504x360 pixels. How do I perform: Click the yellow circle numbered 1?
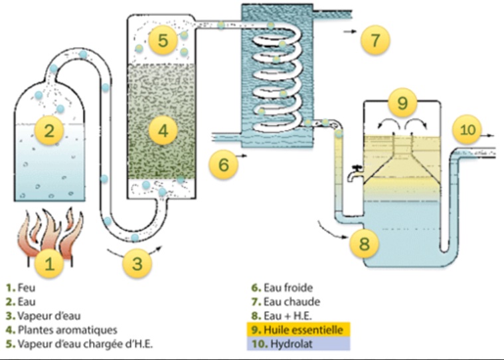coord(48,264)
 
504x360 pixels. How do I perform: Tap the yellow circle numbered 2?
coord(48,130)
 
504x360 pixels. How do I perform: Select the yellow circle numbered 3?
coord(137,263)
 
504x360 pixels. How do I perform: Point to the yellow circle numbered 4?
coord(162,131)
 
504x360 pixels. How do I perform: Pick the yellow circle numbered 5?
coord(162,41)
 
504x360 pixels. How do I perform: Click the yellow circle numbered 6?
coord(224,163)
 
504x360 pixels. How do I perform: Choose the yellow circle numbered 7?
coord(375,40)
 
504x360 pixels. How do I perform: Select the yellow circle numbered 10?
coord(469,130)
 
